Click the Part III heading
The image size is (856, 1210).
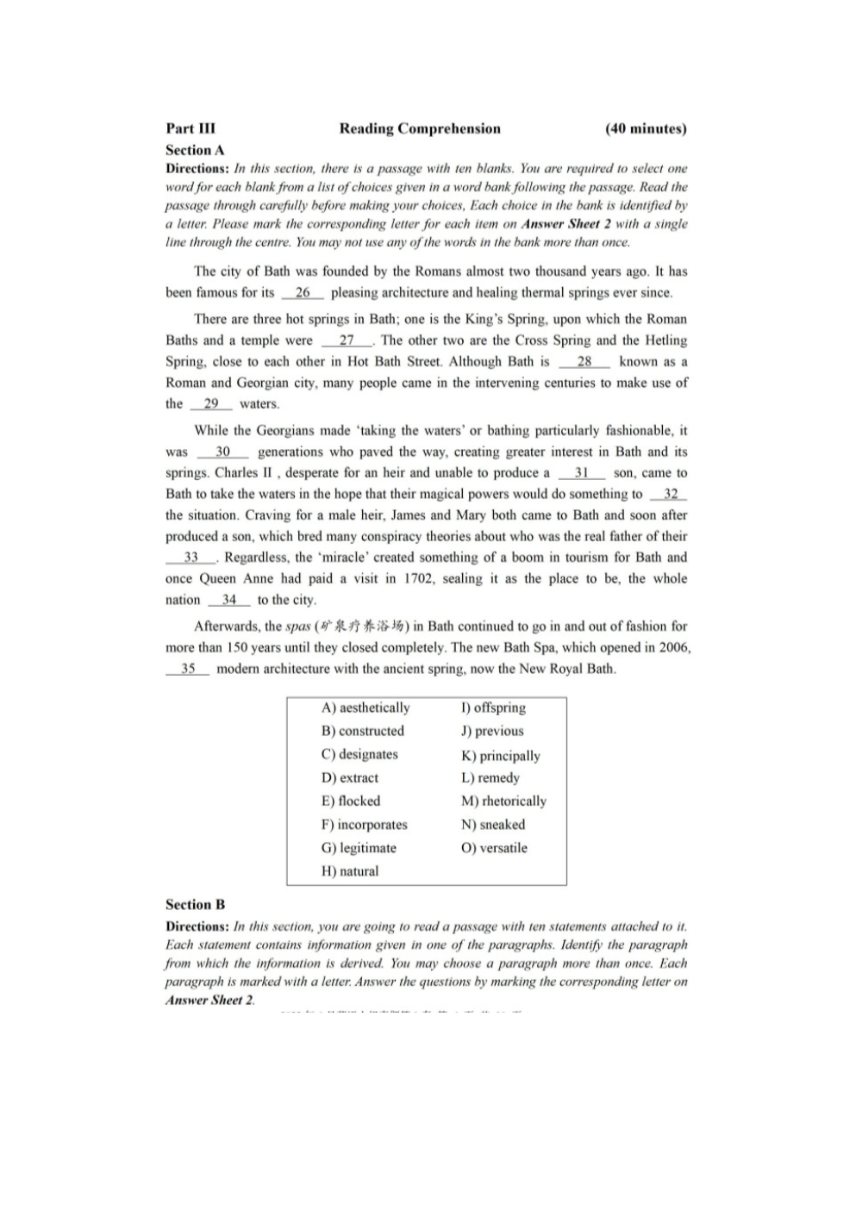click(191, 129)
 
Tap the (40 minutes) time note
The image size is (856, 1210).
click(646, 129)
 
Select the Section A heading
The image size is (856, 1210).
click(195, 149)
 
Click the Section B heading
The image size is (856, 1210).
click(195, 904)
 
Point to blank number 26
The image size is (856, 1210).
click(303, 293)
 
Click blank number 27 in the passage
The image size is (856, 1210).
click(347, 340)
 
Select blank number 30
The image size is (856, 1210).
click(222, 452)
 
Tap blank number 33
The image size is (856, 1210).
click(191, 558)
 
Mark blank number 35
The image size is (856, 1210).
click(188, 669)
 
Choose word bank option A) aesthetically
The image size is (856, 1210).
click(366, 708)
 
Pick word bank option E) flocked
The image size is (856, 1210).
click(351, 801)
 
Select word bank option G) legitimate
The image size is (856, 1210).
click(359, 848)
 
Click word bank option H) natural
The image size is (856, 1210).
click(350, 871)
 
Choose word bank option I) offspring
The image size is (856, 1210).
click(493, 708)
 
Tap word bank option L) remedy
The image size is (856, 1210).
click(490, 777)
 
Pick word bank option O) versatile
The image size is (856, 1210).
click(494, 848)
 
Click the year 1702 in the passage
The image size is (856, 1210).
click(419, 579)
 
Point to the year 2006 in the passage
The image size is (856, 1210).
click(673, 647)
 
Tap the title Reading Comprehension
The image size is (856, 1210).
click(420, 129)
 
